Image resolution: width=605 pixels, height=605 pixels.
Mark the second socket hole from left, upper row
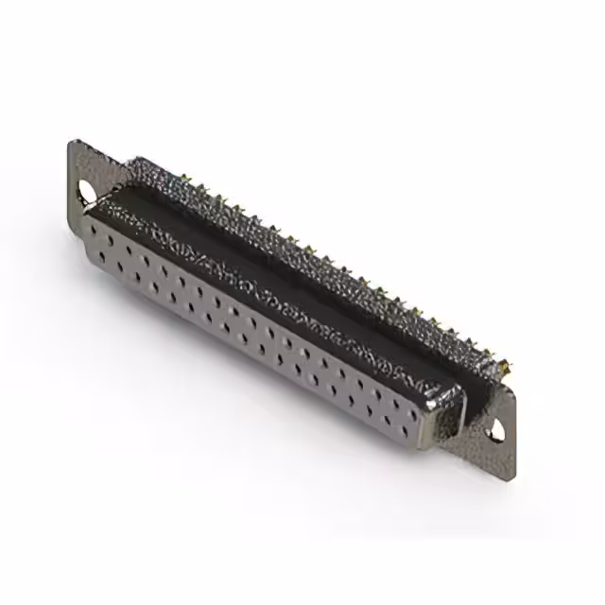click(x=116, y=241)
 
